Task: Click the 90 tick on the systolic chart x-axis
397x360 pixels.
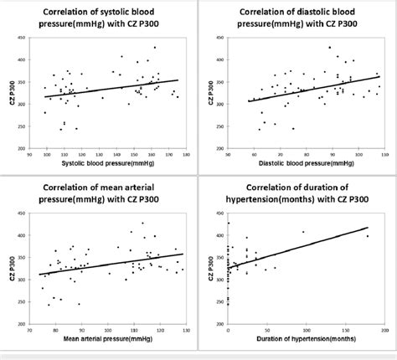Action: point(43,155)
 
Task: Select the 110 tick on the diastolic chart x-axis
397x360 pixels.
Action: point(379,155)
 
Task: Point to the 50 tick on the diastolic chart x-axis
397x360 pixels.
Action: point(229,155)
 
